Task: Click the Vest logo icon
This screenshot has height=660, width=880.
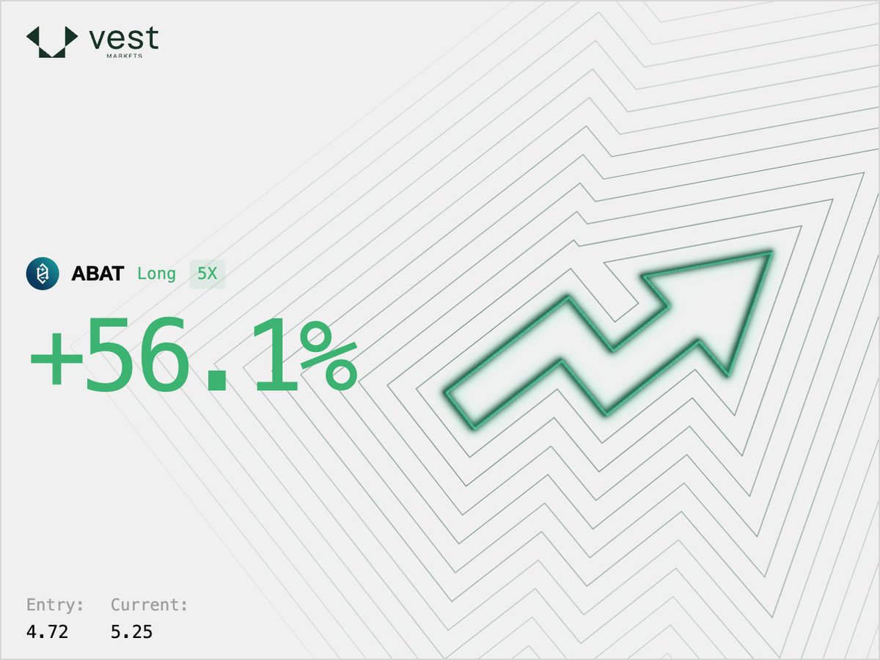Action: (x=51, y=41)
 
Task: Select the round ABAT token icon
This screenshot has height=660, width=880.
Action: (x=42, y=274)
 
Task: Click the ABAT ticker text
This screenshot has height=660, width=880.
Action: (x=98, y=274)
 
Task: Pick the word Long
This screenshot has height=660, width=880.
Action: (x=156, y=274)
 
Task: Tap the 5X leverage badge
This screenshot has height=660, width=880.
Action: (x=208, y=274)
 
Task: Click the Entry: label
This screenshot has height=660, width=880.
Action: (x=55, y=605)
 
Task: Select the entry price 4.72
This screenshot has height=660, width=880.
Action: (x=47, y=631)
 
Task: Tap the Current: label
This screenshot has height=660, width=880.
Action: (x=150, y=605)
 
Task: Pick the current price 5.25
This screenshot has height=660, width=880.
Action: (x=132, y=631)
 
